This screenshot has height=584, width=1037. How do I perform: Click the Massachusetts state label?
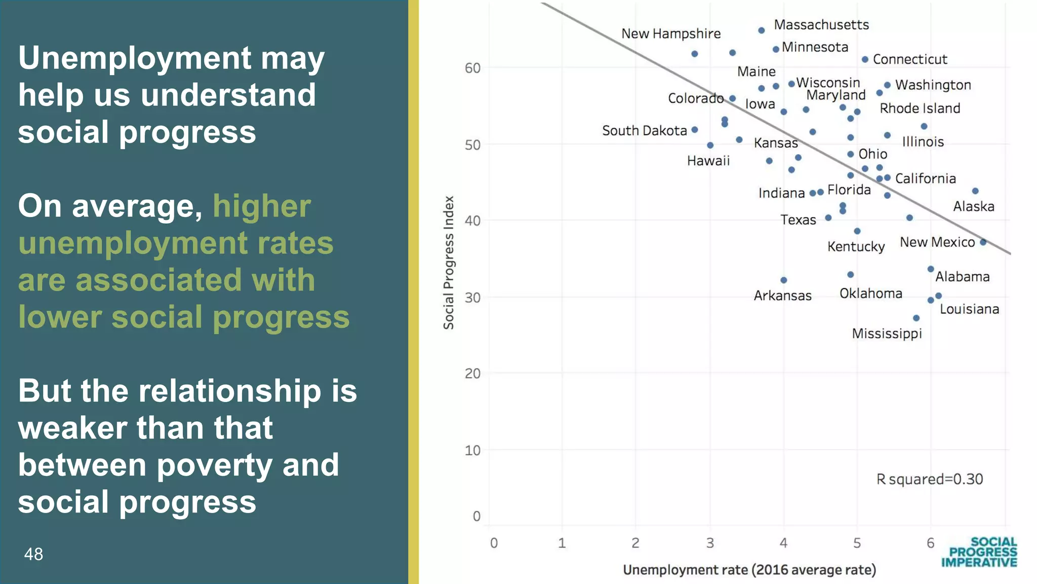(821, 25)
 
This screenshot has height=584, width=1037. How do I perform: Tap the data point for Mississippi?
(916, 318)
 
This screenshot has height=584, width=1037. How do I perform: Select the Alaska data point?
(975, 191)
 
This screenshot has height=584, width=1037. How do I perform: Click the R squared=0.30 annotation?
(930, 479)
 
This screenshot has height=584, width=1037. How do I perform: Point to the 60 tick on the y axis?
(472, 68)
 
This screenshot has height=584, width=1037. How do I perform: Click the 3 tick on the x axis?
(710, 543)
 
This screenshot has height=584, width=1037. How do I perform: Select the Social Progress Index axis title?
(449, 263)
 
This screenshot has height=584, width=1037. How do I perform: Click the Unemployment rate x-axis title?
(749, 570)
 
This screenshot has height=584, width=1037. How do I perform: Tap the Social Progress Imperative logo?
(979, 552)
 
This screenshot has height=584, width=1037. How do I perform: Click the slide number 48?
(33, 554)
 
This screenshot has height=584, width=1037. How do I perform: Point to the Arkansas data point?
(783, 280)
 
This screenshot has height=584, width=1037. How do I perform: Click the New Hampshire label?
(670, 34)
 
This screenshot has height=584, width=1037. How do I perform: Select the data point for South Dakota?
(695, 130)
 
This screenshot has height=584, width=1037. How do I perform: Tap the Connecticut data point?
(865, 60)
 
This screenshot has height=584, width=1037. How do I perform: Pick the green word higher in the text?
(261, 206)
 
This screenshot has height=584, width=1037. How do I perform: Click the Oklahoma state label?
(870, 294)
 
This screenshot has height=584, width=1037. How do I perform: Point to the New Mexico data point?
(983, 242)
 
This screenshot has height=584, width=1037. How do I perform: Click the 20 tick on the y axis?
(472, 374)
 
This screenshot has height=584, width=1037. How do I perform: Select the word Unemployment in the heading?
(135, 58)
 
